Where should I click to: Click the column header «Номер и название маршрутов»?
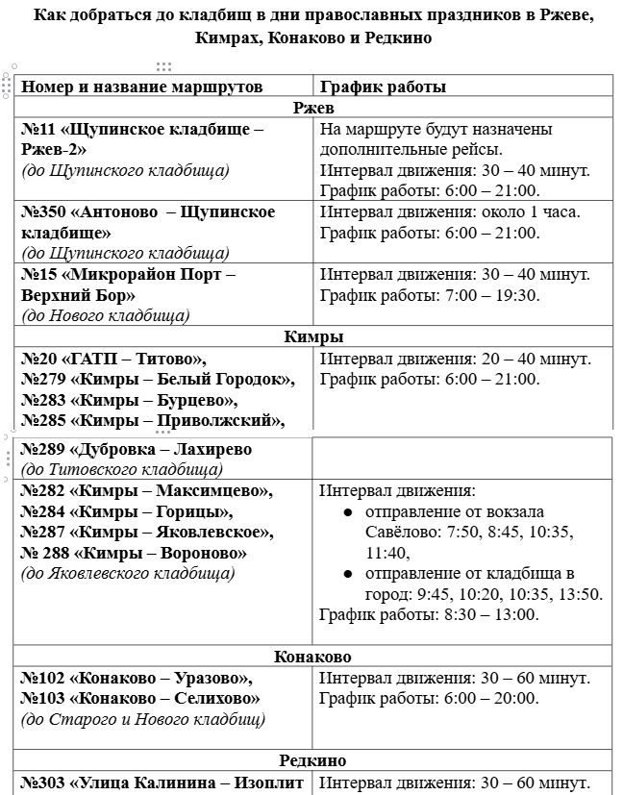pyautogui.click(x=141, y=87)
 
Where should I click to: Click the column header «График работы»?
pyautogui.click(x=383, y=87)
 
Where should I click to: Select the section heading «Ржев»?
pyautogui.click(x=313, y=108)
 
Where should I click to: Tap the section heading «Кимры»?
pyautogui.click(x=313, y=336)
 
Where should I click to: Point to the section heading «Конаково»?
pyautogui.click(x=312, y=658)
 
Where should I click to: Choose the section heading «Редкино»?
pyautogui.click(x=312, y=761)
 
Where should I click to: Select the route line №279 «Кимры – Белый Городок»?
pyautogui.click(x=158, y=379)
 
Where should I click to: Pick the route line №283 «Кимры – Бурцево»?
pyautogui.click(x=130, y=400)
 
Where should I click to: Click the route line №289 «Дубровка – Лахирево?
pyautogui.click(x=137, y=449)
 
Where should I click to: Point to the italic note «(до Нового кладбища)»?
pyautogui.click(x=106, y=315)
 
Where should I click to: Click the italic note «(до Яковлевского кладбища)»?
pyautogui.click(x=129, y=574)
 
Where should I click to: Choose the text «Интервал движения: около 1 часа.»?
pyautogui.click(x=450, y=212)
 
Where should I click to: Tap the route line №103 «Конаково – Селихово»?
pyautogui.click(x=140, y=699)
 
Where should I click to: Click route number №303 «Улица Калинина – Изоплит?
pyautogui.click(x=162, y=783)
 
